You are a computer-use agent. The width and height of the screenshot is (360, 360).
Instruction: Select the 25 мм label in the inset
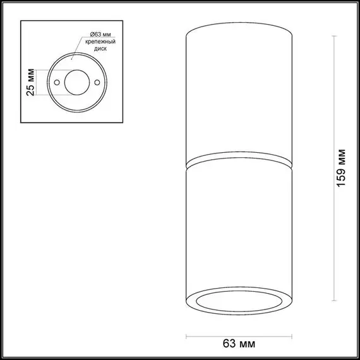pos(29,82)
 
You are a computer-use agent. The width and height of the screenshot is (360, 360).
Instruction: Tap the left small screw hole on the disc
pos(57,83)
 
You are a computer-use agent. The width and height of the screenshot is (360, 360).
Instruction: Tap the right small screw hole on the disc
pos(97,83)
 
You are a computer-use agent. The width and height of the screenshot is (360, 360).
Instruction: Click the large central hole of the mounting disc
pos(77,82)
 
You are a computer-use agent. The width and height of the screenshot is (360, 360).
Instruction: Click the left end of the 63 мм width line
pos(188,334)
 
